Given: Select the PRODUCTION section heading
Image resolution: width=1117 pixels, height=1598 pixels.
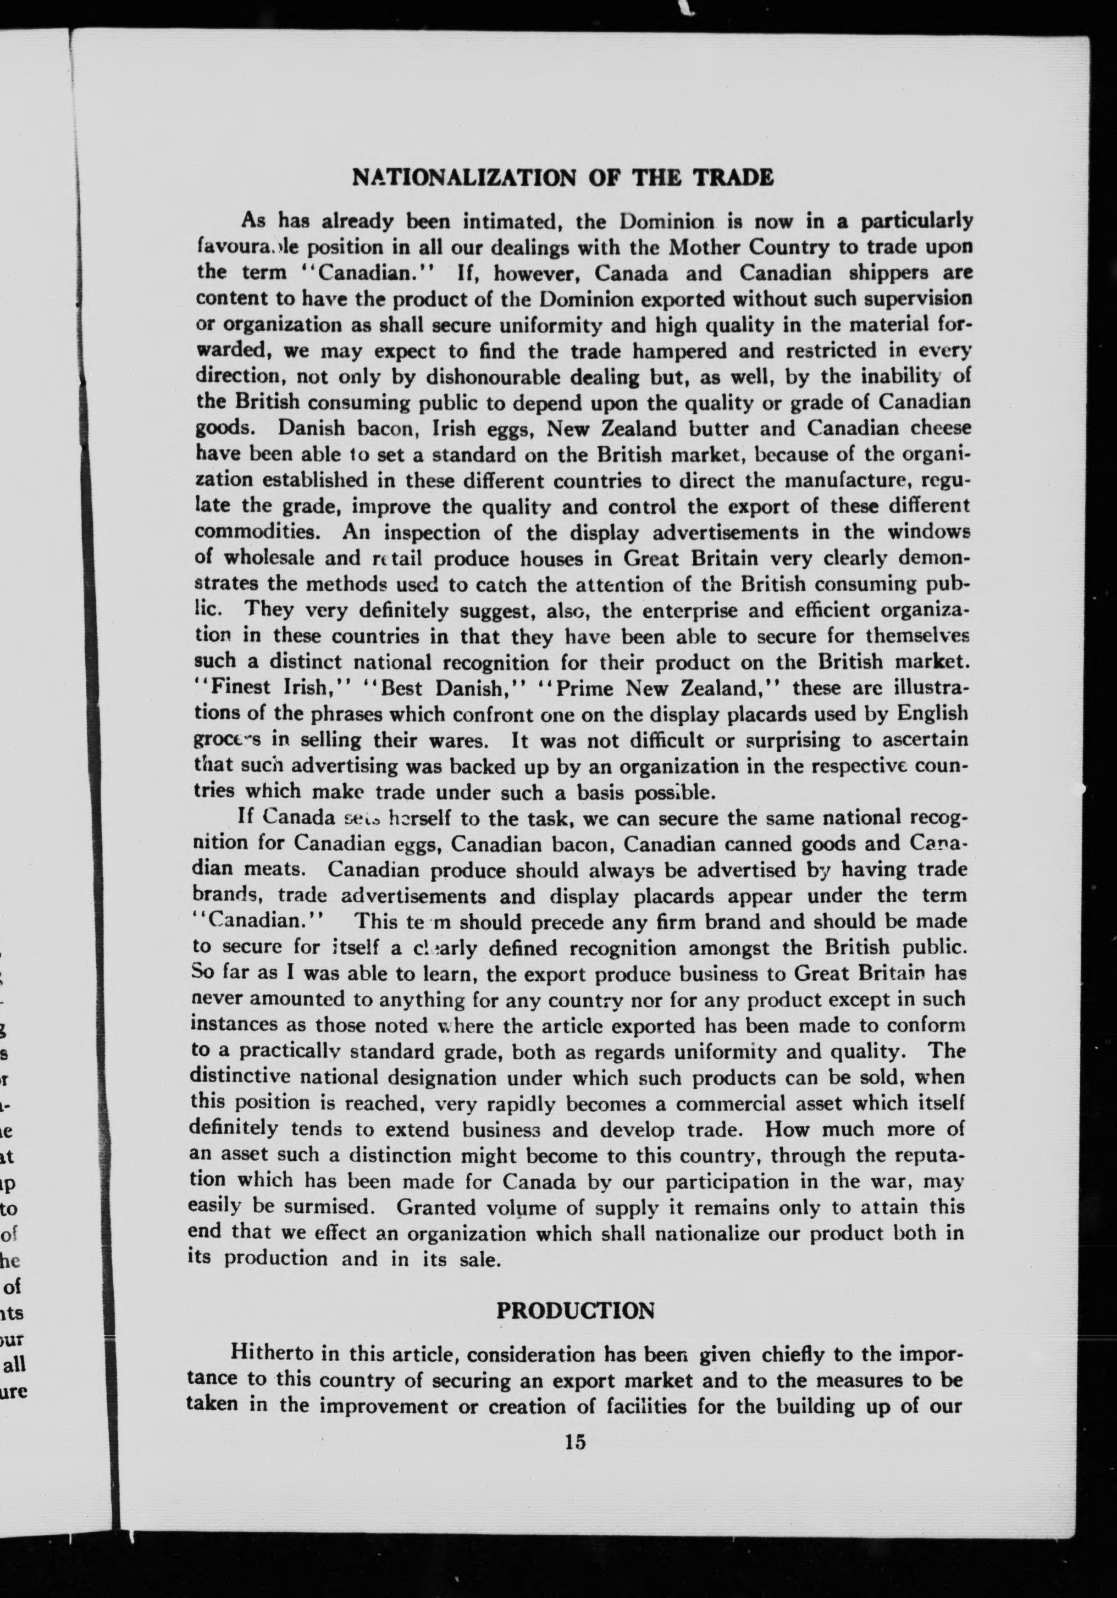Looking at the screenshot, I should [x=574, y=1311].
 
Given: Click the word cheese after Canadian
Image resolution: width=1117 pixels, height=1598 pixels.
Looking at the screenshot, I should [x=932, y=428].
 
